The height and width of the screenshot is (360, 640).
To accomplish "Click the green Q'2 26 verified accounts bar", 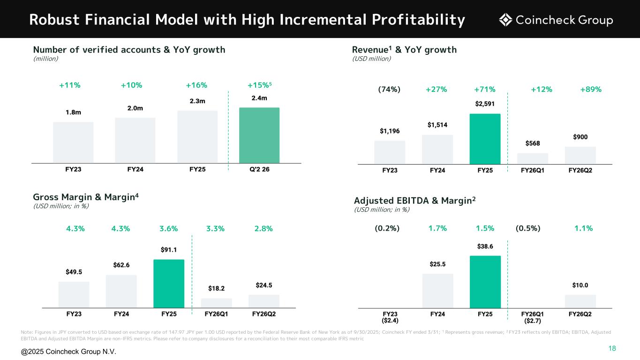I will coord(259,135).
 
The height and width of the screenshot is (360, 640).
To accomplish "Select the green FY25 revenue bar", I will coord(485,139).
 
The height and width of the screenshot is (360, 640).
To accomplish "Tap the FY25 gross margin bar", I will coord(168,283).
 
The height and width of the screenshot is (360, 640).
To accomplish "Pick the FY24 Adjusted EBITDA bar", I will coord(437,291).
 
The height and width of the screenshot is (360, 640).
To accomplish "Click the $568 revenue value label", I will coord(532,143).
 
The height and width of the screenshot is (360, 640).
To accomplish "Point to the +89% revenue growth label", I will coord(591,89).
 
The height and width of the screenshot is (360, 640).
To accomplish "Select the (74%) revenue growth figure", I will coord(389,89).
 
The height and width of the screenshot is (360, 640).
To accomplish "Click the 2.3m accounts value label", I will coord(197,101).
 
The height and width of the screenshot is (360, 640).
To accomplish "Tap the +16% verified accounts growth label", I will coord(196,85).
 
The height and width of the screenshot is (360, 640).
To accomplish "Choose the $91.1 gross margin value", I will coord(168,249).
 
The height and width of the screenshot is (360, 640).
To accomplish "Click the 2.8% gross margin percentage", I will coord(263,229).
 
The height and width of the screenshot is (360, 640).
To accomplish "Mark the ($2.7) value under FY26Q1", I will coord(532,321).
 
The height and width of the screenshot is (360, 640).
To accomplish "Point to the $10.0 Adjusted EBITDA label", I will coord(580,285).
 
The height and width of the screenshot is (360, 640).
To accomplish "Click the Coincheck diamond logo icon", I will coord(505,20).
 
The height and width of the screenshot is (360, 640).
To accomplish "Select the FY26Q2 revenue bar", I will coord(580,155).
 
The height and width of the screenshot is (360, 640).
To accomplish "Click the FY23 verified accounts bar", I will coord(73,142).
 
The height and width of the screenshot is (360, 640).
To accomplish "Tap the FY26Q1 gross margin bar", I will coord(216,303).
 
